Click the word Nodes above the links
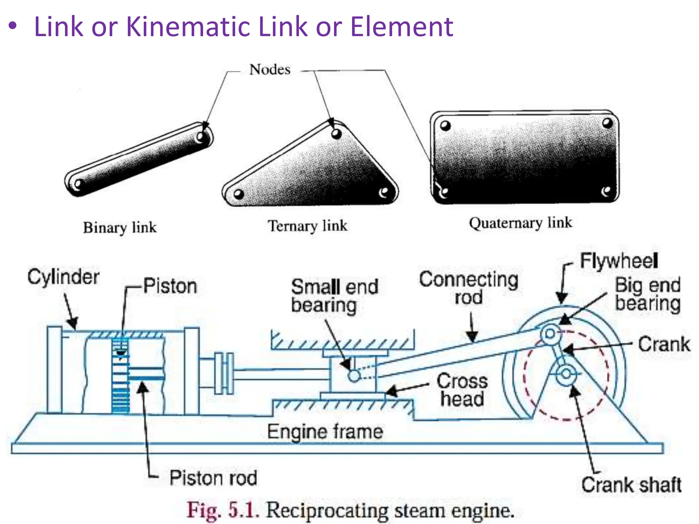tap(270, 70)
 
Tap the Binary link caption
tap(120, 228)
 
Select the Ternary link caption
tap(307, 226)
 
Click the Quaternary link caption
tap(520, 223)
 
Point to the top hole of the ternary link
tap(336, 133)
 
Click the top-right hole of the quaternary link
tap(607, 123)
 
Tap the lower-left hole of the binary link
tap(77, 185)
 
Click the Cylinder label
tap(63, 277)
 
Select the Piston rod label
tap(213, 478)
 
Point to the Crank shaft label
tap(631, 485)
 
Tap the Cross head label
tap(462, 390)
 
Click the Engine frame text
tap(325, 432)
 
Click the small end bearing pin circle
tap(354, 376)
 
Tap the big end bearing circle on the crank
tap(550, 334)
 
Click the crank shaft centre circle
tap(566, 374)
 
